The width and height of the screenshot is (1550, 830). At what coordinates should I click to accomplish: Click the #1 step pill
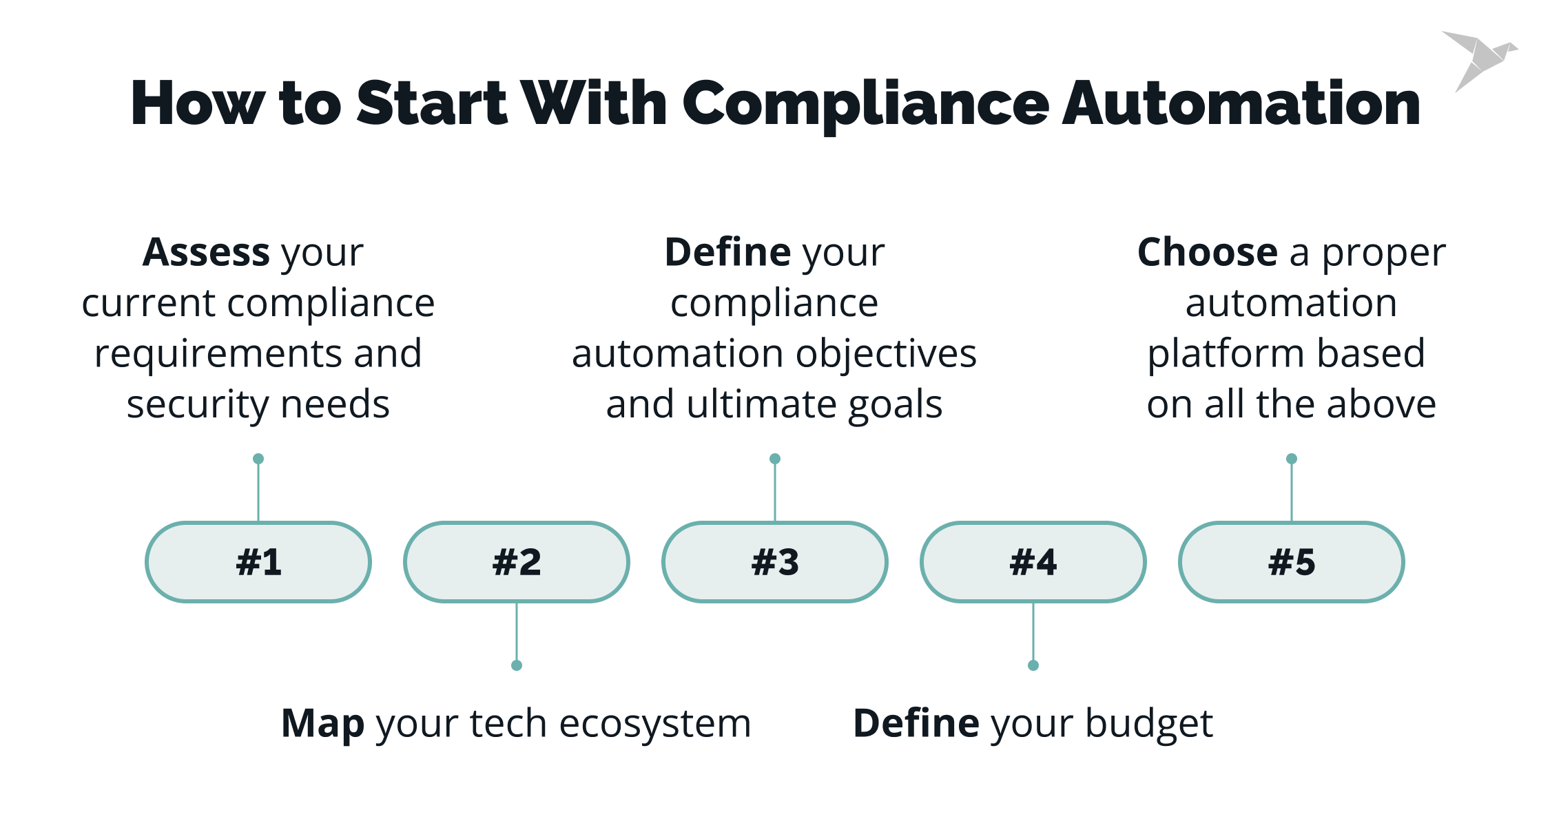pyautogui.click(x=258, y=562)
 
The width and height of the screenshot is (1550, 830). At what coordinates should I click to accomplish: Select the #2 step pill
pyautogui.click(x=517, y=562)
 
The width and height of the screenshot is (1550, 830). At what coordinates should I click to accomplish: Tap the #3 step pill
pyautogui.click(x=775, y=562)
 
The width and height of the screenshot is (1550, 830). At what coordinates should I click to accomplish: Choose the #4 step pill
pyautogui.click(x=1033, y=562)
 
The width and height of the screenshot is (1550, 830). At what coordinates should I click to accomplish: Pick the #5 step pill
pyautogui.click(x=1292, y=562)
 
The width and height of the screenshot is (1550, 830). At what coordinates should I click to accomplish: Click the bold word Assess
pyautogui.click(x=206, y=252)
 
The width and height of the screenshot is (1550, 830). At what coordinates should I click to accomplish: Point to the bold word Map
pyautogui.click(x=323, y=724)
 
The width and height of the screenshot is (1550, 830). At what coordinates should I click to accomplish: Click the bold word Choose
pyautogui.click(x=1208, y=252)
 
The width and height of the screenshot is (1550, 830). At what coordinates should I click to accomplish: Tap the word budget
pyautogui.click(x=1149, y=724)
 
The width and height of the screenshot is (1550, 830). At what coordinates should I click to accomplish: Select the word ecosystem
pyautogui.click(x=654, y=725)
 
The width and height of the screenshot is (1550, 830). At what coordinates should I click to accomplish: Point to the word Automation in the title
pyautogui.click(x=1241, y=103)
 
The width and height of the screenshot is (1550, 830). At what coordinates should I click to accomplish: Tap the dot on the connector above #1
pyautogui.click(x=258, y=459)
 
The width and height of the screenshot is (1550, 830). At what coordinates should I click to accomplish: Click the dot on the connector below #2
pyautogui.click(x=517, y=665)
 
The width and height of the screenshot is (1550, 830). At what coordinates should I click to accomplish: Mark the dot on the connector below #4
pyautogui.click(x=1033, y=665)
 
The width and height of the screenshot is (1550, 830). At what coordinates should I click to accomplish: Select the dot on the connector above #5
pyautogui.click(x=1292, y=459)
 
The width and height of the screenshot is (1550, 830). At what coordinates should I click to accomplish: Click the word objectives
pyautogui.click(x=886, y=354)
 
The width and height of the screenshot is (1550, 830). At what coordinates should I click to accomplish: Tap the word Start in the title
pyautogui.click(x=432, y=103)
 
